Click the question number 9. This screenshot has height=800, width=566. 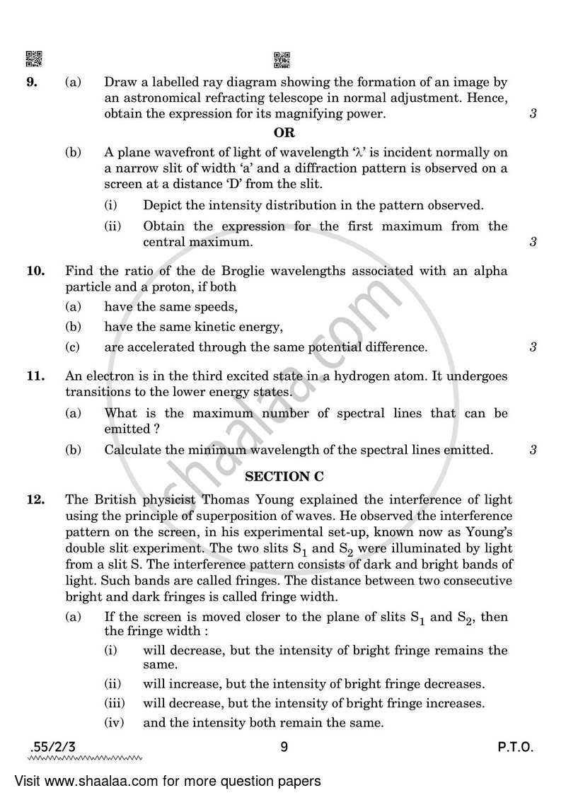point(31,82)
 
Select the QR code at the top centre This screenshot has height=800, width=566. point(282,60)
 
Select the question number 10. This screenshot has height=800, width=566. point(35,271)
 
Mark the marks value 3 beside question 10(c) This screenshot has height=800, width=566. point(533,347)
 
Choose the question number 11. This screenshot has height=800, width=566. point(35,376)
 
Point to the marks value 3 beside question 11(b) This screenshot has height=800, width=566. point(533,450)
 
